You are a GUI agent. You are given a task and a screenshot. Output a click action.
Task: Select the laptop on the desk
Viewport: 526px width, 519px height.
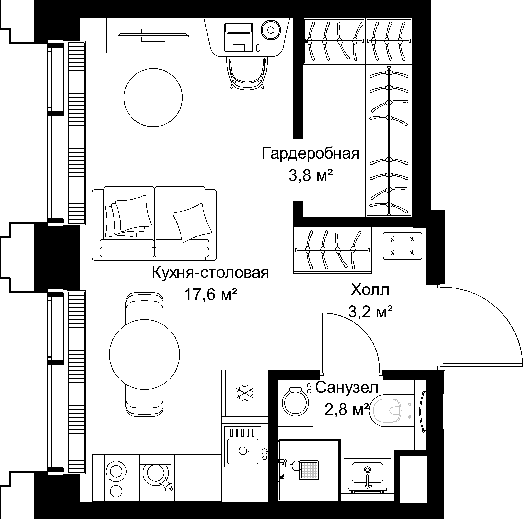pos(238,38)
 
